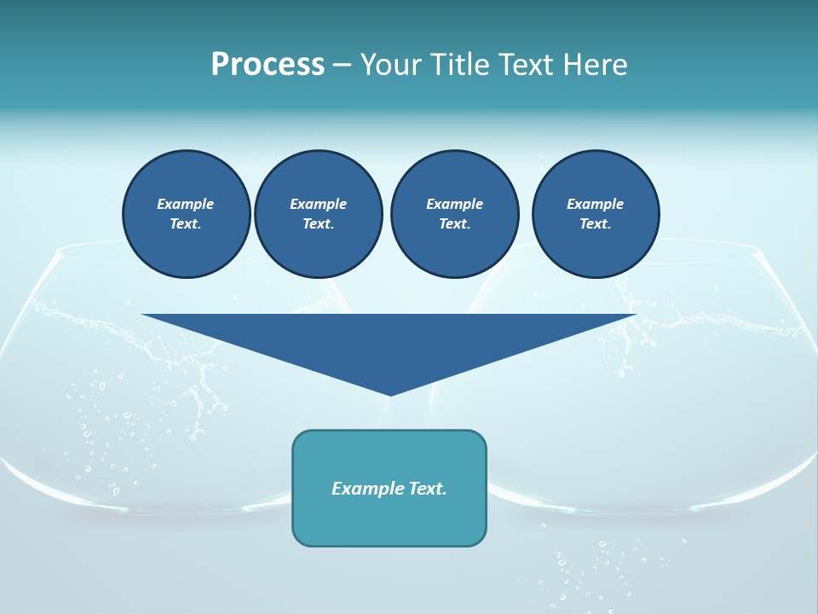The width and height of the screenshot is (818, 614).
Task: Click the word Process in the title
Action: (x=268, y=65)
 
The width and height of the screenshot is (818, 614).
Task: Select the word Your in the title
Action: (x=392, y=65)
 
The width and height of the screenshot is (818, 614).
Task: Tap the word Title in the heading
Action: (x=459, y=65)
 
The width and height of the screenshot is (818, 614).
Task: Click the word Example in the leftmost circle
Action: (x=186, y=204)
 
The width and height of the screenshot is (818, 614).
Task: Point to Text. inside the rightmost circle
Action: (x=596, y=224)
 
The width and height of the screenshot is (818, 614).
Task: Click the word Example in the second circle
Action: (x=319, y=204)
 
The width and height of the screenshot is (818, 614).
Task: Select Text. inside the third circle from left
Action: (x=454, y=224)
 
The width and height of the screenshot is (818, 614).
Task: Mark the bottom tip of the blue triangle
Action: (x=389, y=395)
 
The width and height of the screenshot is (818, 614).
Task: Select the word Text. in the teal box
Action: (x=429, y=489)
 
